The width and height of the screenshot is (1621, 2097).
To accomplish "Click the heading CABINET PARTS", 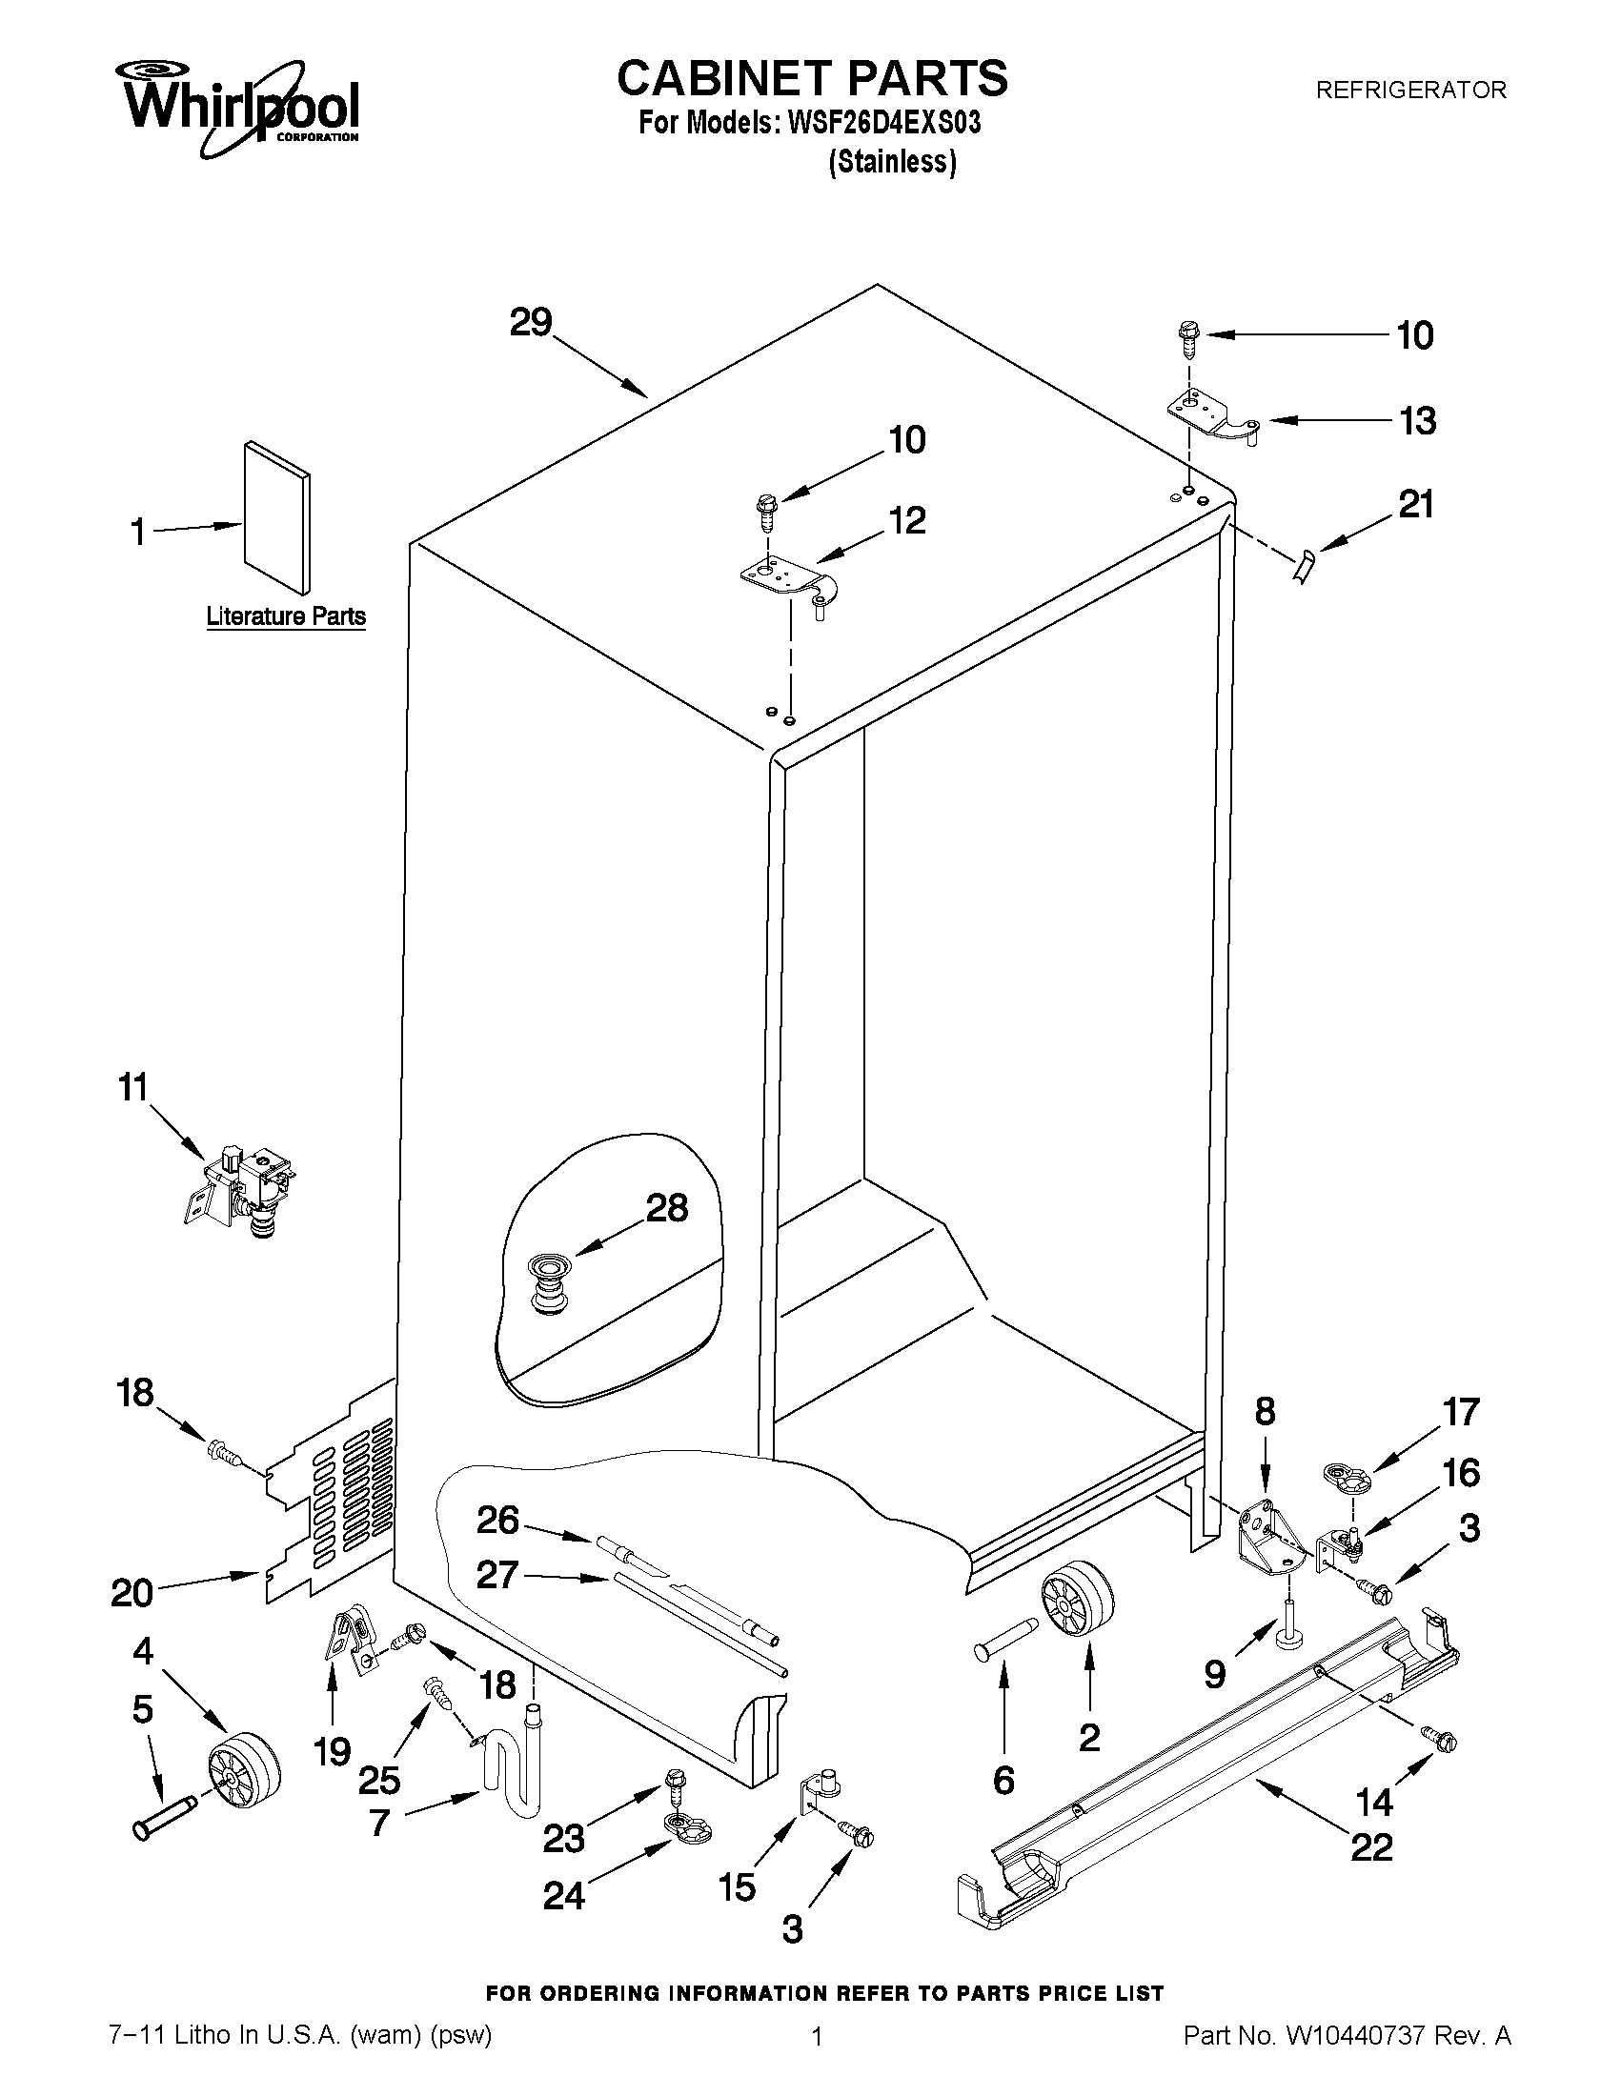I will pos(812,78).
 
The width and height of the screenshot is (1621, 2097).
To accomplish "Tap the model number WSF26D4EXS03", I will pos(884,125).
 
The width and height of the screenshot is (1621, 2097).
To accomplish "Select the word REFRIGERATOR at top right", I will pos(1409,91).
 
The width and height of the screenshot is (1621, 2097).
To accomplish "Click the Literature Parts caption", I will pos(286,616).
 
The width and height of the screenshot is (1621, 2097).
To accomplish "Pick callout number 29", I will pos(530,323).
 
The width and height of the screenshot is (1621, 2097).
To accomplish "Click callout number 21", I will pos(1415,505).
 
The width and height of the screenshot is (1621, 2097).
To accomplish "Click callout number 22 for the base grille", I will pos(1370,1848).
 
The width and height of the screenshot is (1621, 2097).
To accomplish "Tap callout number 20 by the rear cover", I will pos(132,1594).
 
